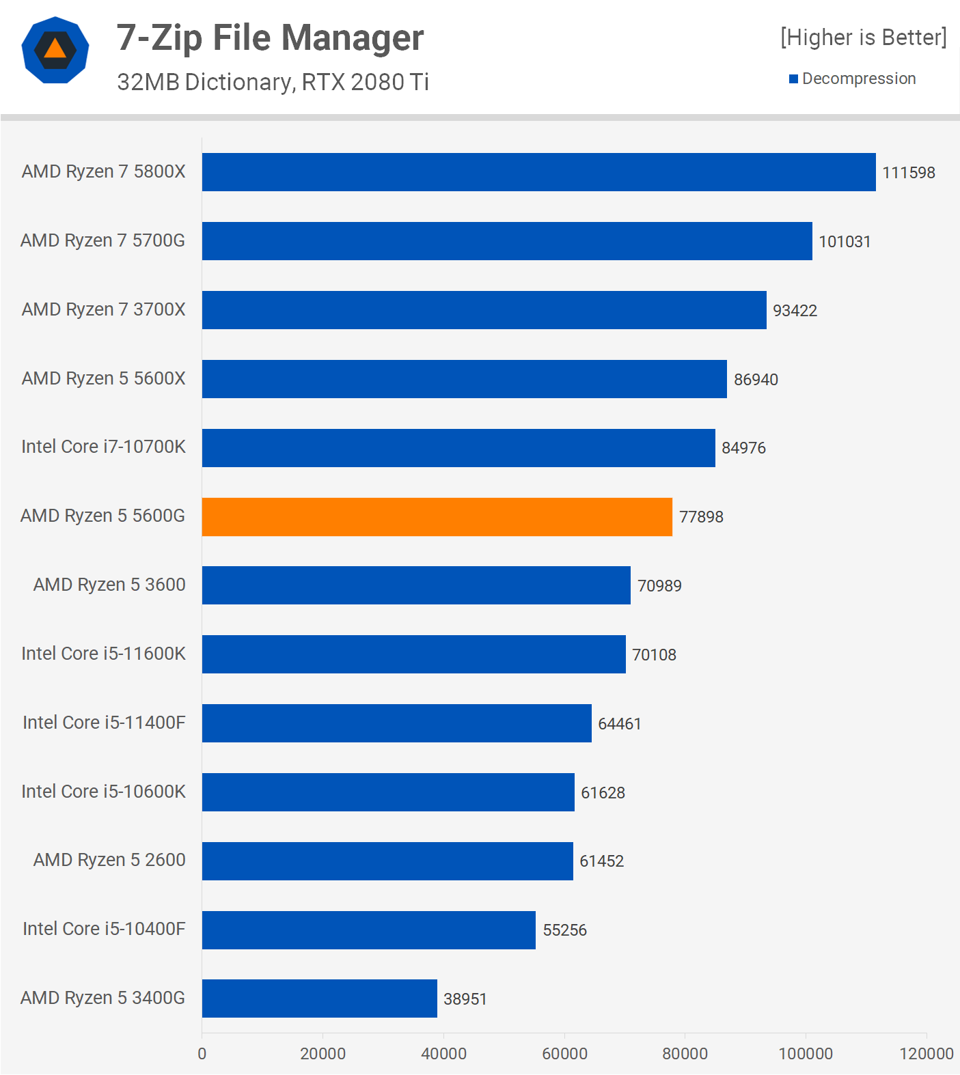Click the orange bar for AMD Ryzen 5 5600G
437,517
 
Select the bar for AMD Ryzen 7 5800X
538,172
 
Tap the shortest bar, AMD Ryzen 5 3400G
319,999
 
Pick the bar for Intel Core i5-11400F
396,723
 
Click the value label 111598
908,173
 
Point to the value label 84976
743,448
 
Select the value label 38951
465,999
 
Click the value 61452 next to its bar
601,861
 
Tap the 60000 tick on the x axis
564,1054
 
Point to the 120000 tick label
926,1054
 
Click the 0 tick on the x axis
202,1054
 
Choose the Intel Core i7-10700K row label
103,447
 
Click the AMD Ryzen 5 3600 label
109,585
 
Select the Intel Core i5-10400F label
104,929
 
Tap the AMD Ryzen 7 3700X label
103,309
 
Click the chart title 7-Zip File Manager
270,38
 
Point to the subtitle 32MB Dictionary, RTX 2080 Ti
273,82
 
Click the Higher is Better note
864,38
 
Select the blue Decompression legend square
793,79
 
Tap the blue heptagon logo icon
55,50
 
